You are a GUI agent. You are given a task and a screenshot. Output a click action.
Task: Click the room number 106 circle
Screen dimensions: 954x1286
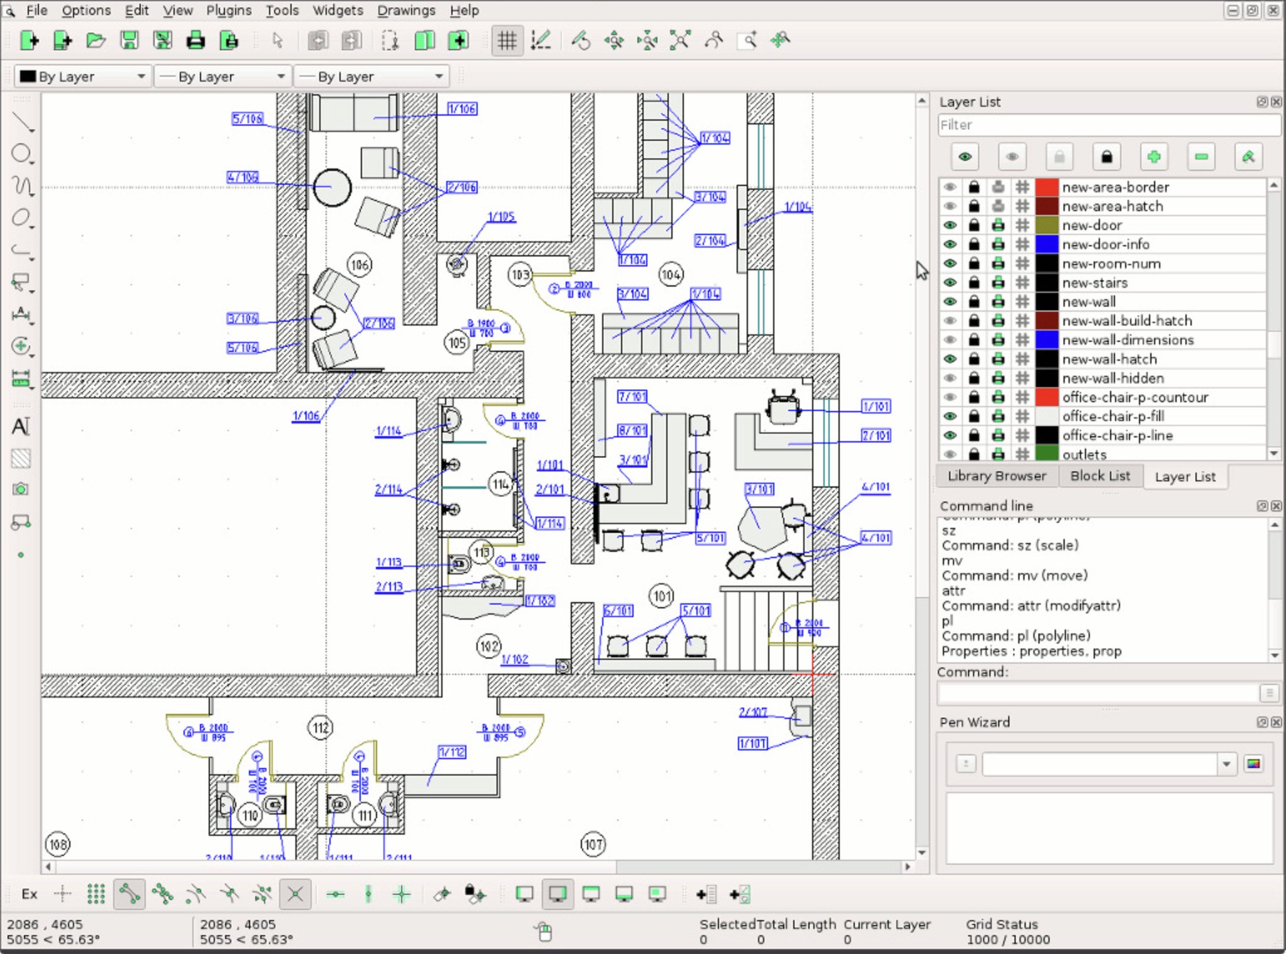pyautogui.click(x=359, y=265)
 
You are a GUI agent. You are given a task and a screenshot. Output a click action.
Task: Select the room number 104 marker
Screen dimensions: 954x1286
pyautogui.click(x=671, y=275)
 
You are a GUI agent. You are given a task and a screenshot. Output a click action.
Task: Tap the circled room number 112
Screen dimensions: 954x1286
pyautogui.click(x=321, y=728)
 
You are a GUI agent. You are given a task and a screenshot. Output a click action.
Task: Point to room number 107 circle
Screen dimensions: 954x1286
pyautogui.click(x=593, y=844)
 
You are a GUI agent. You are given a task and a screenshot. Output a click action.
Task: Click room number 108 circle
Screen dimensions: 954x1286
pyautogui.click(x=58, y=844)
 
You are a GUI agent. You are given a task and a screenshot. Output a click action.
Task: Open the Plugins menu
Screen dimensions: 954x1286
pyautogui.click(x=229, y=10)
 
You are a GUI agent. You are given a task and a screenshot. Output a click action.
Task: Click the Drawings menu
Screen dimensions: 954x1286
pyautogui.click(x=406, y=10)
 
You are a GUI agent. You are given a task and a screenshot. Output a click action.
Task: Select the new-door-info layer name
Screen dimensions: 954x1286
pyautogui.click(x=1105, y=244)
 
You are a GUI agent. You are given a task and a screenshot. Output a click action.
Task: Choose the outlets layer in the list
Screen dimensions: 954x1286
pyautogui.click(x=1084, y=454)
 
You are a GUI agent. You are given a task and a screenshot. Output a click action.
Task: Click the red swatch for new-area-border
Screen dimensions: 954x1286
pyautogui.click(x=1047, y=187)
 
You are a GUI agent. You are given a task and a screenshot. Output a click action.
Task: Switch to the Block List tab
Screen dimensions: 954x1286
pyautogui.click(x=1100, y=476)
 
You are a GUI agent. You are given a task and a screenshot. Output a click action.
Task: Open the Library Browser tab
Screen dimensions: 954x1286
pyautogui.click(x=996, y=476)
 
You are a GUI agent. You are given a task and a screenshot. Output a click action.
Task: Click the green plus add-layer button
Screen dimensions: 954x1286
pyautogui.click(x=1153, y=156)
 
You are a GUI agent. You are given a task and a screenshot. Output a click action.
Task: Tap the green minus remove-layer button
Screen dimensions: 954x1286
pyautogui.click(x=1201, y=156)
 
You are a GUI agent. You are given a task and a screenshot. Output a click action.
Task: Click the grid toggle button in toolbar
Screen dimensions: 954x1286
pyautogui.click(x=507, y=41)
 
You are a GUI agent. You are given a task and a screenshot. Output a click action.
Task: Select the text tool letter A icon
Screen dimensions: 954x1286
pyautogui.click(x=21, y=427)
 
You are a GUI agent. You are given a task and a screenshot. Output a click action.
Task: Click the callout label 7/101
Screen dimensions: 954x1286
pyautogui.click(x=632, y=397)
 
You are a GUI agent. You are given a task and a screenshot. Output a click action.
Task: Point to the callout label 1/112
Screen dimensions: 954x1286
pyautogui.click(x=452, y=752)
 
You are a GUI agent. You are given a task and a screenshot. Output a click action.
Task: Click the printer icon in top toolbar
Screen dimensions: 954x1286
pyautogui.click(x=195, y=41)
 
